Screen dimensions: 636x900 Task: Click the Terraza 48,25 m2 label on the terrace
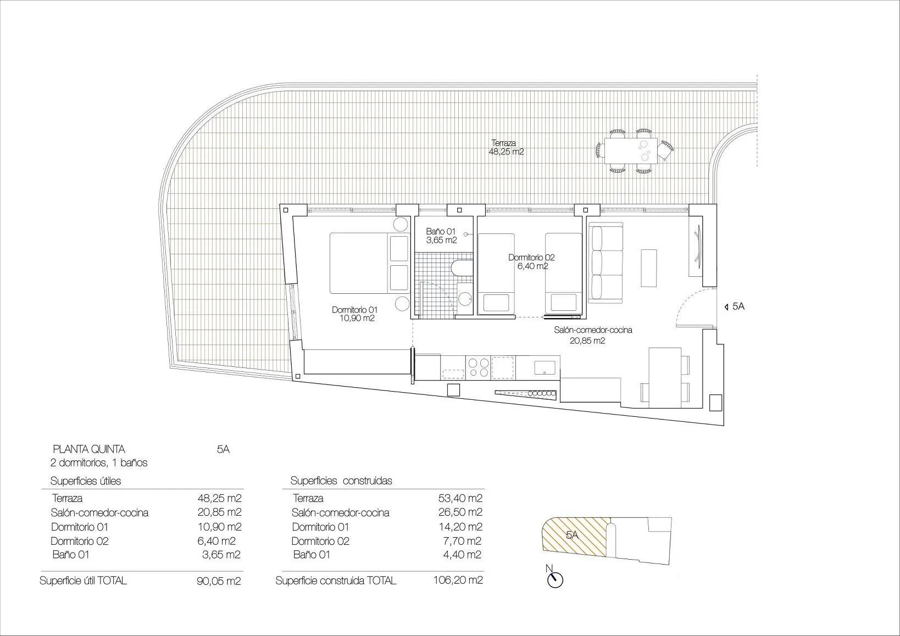(x=505, y=148)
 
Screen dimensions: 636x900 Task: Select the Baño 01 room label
(x=441, y=236)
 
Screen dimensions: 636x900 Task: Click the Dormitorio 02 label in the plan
(x=531, y=261)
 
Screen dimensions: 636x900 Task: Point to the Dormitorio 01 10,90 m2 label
(x=354, y=314)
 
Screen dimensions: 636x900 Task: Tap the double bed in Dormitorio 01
(x=368, y=263)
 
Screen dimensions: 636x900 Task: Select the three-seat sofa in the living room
(x=604, y=263)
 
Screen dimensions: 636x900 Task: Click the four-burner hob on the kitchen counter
(x=477, y=367)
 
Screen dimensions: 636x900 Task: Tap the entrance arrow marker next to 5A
(x=726, y=307)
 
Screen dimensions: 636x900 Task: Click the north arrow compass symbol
(x=555, y=579)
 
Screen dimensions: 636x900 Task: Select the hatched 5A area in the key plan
(x=575, y=536)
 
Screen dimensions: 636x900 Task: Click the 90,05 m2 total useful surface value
(x=219, y=581)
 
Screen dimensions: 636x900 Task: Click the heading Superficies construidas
(x=341, y=481)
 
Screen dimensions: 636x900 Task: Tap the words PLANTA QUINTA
(x=88, y=449)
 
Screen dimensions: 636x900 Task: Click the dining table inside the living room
(x=665, y=378)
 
